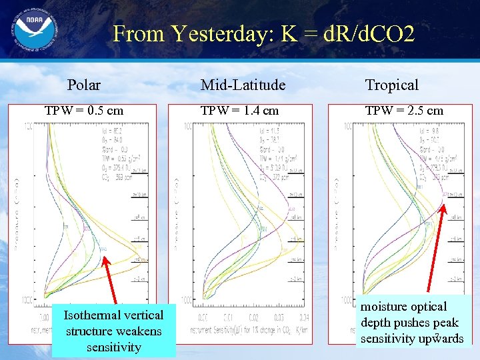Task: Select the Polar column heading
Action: (84, 85)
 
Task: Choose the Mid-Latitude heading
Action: (243, 85)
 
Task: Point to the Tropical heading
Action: (392, 85)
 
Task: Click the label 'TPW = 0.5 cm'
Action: (84, 110)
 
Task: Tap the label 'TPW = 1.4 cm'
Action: (239, 110)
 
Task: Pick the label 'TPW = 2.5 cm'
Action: (404, 110)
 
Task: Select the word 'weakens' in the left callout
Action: (137, 331)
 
